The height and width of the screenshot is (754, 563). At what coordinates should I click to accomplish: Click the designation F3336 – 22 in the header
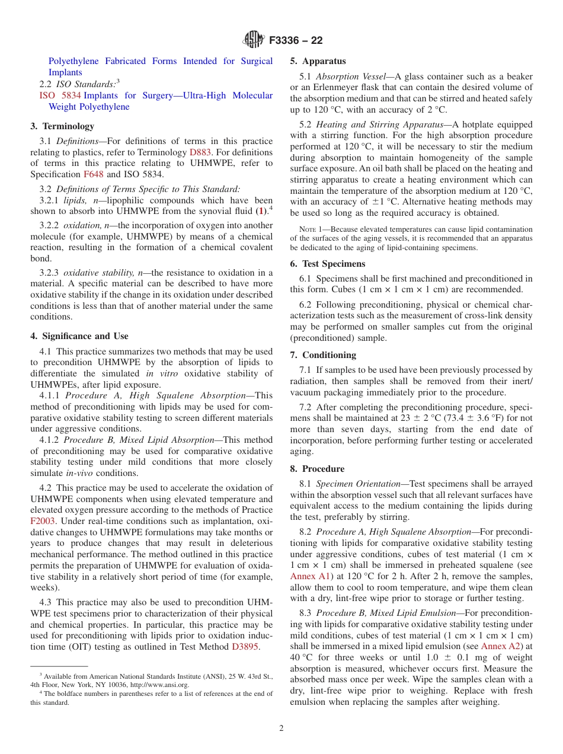[296, 40]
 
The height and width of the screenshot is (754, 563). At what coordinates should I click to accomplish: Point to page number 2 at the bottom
[281, 729]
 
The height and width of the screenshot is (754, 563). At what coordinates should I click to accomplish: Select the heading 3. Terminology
[62, 126]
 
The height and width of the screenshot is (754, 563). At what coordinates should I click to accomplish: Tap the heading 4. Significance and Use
[79, 336]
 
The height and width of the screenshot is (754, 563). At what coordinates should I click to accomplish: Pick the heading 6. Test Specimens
[328, 264]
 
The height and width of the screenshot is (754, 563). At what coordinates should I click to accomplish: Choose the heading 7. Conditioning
[323, 355]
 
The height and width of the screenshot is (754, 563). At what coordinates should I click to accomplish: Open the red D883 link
[200, 152]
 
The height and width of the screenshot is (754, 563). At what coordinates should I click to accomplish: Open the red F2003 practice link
[43, 521]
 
